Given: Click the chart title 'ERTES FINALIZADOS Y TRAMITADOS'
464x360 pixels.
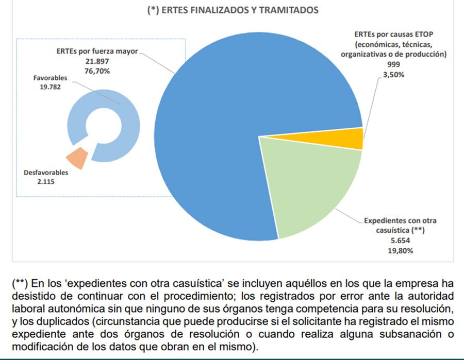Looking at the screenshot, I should point(233,10).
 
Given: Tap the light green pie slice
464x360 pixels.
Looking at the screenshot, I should point(309,180).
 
